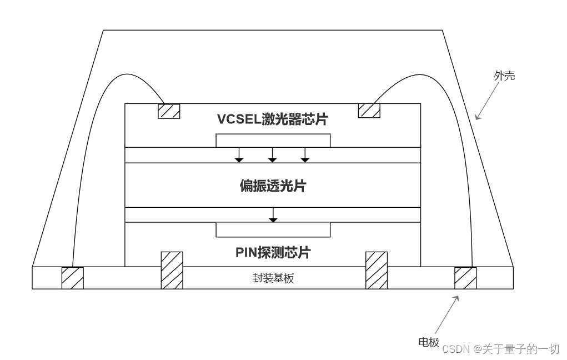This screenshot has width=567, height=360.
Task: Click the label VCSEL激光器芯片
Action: click(x=272, y=119)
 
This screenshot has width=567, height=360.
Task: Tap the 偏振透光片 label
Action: click(x=272, y=186)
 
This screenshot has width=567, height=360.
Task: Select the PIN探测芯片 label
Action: click(x=272, y=253)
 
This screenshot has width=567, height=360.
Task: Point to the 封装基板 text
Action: click(x=273, y=278)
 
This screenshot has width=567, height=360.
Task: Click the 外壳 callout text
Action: click(x=504, y=76)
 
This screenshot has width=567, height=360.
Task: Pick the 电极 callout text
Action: click(x=429, y=342)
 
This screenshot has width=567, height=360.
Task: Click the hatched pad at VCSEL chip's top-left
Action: click(x=169, y=111)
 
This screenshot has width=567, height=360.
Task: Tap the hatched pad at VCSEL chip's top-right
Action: click(x=369, y=111)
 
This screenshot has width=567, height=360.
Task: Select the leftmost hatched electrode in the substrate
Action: click(x=72, y=278)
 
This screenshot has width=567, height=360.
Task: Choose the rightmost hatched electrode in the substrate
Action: click(x=465, y=278)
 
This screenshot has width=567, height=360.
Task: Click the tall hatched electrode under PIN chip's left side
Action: click(x=172, y=271)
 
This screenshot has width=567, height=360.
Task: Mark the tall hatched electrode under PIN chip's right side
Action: click(x=376, y=271)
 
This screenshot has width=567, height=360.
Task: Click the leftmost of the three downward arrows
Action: click(x=239, y=155)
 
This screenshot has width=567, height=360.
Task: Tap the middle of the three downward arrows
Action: click(x=272, y=155)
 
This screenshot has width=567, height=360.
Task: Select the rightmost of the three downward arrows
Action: click(x=305, y=155)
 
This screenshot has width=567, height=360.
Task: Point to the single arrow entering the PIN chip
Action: click(x=273, y=215)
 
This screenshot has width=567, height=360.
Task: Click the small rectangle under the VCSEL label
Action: click(x=273, y=141)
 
